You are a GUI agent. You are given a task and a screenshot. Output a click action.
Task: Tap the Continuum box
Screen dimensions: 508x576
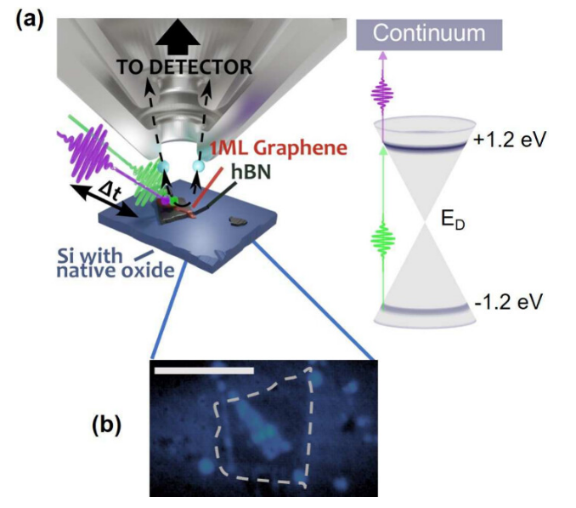pyautogui.click(x=431, y=35)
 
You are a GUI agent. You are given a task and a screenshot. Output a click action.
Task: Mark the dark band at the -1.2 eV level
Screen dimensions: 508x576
pyautogui.click(x=435, y=307)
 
